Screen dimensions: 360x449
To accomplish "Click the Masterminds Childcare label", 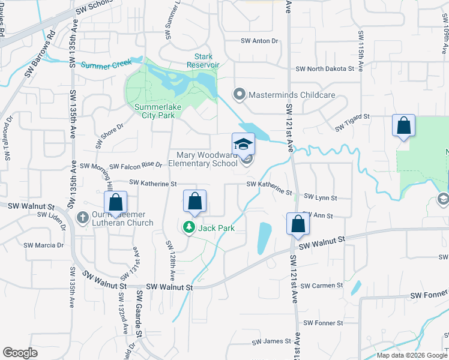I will (x=285, y=94).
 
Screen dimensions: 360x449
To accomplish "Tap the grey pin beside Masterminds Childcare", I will (x=240, y=94).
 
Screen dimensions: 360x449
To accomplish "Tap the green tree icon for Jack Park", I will (x=188, y=227).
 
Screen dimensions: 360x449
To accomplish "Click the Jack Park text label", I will (x=216, y=228).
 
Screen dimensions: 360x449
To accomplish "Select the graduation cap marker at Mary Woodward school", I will (x=243, y=144).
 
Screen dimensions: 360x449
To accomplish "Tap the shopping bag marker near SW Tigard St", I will (x=404, y=126).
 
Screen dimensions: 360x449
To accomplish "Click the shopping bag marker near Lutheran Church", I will (x=116, y=202).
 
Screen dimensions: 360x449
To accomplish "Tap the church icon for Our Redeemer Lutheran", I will (x=86, y=215).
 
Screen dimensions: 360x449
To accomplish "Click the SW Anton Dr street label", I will (x=260, y=41).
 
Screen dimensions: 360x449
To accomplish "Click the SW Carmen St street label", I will (x=323, y=286).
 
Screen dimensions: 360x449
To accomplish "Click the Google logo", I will (x=20, y=353).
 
